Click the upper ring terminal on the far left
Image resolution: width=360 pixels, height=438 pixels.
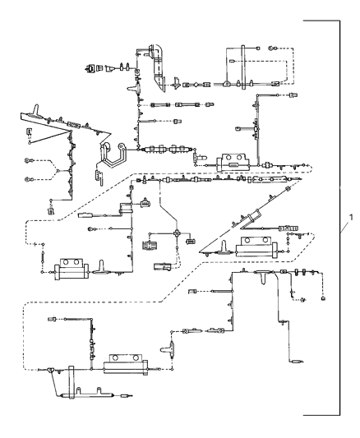coord(29,160)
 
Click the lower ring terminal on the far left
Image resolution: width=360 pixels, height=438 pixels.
coord(29,178)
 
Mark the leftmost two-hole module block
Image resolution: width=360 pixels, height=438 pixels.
coord(71,268)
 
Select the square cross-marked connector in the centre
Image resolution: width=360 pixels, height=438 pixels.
coord(150,245)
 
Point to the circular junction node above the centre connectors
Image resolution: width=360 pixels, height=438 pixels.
coord(175,233)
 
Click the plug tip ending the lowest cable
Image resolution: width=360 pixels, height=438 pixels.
coord(126,395)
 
